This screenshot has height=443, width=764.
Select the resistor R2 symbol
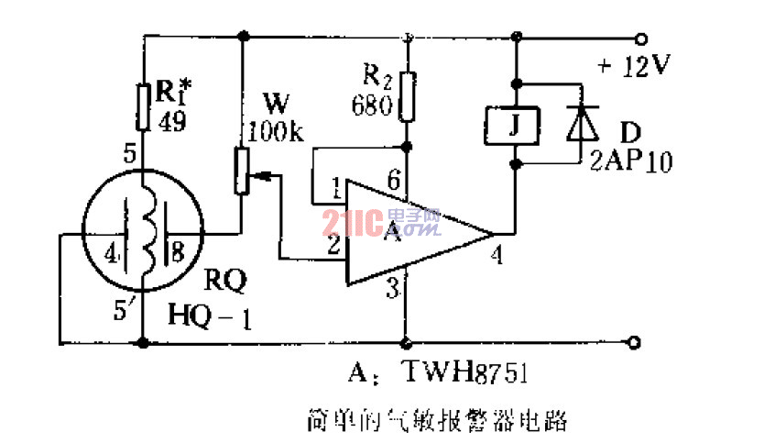406,96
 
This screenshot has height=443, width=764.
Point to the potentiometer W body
243,171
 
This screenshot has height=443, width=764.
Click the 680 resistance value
371,104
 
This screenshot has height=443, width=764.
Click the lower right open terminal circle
640,344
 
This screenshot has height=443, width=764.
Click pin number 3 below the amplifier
392,291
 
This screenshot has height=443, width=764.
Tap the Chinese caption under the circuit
437,421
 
